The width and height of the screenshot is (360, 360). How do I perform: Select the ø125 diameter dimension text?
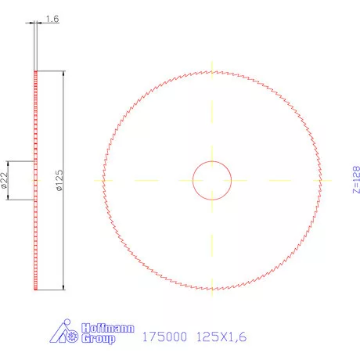(58, 181)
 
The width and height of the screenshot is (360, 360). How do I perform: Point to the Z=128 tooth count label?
(355, 180)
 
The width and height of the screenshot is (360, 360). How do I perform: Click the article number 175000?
(163, 337)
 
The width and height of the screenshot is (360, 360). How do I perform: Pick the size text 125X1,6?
(221, 337)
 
